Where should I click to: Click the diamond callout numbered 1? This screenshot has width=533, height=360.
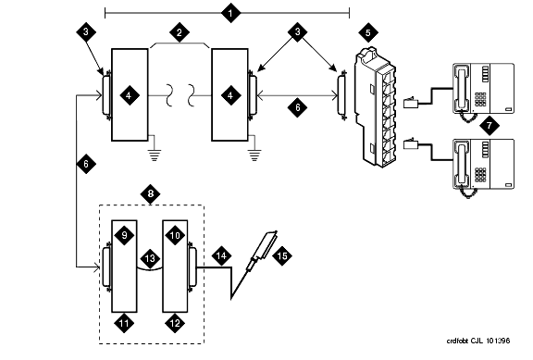230,13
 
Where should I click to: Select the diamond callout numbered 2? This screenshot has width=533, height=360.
180,32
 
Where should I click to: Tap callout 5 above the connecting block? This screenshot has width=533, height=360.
368,33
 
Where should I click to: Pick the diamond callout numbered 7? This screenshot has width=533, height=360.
490,126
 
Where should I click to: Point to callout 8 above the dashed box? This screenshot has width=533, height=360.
151,194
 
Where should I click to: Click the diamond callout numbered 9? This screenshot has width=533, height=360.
124,235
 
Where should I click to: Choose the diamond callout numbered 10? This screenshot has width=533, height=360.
175,235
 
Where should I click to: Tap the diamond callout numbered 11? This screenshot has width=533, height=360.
124,323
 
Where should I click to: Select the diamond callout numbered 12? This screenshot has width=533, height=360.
175,323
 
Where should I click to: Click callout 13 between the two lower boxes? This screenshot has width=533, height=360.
150,258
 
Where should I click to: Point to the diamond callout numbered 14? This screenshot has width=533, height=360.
221,255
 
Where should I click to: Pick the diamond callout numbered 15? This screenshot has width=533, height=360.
282,255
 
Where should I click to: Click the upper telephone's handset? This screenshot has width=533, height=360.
462,89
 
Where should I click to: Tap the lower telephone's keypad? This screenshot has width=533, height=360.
480,175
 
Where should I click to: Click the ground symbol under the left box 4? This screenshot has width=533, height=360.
154,155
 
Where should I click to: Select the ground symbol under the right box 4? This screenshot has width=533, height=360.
254,155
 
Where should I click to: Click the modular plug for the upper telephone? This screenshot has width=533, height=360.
411,103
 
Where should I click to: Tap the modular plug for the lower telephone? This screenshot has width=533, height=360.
411,144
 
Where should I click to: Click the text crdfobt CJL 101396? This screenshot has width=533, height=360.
477,341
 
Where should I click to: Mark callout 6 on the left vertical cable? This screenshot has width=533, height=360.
86,164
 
